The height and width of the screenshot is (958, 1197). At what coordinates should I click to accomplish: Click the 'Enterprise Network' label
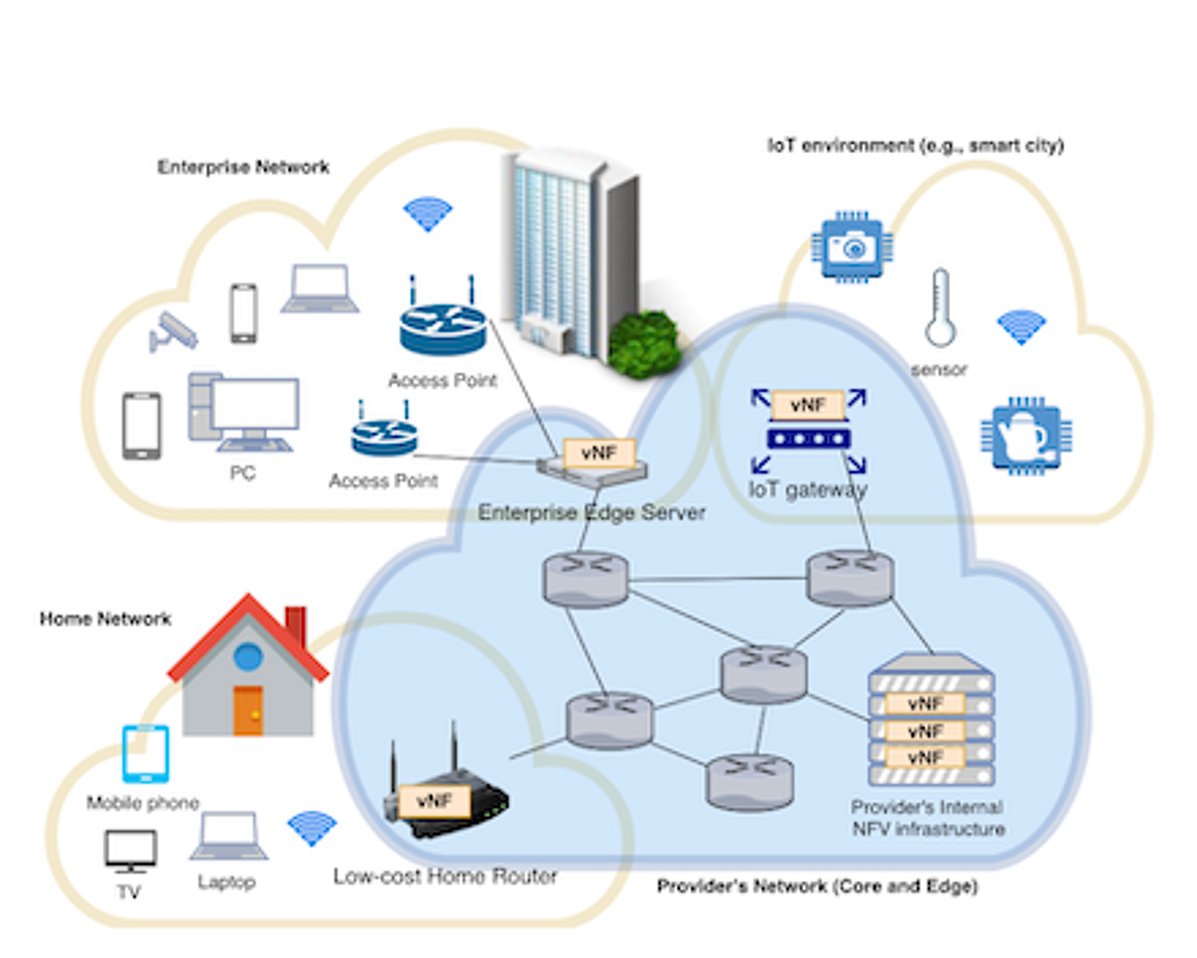(243, 167)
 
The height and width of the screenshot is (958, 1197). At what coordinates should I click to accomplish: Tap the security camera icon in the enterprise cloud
(174, 332)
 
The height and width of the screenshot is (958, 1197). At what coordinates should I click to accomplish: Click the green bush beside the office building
(646, 344)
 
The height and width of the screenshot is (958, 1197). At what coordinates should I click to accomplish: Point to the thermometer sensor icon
(940, 308)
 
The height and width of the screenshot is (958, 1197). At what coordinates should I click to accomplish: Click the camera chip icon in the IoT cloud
(852, 247)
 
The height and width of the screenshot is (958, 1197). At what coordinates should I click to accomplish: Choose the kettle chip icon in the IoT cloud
(1026, 435)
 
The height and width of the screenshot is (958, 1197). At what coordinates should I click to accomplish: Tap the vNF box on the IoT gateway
(808, 405)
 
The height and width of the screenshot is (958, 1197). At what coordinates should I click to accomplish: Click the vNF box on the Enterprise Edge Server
(598, 452)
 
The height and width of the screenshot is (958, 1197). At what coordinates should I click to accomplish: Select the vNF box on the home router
(434, 801)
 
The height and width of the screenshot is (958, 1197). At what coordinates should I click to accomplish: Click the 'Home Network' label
(105, 618)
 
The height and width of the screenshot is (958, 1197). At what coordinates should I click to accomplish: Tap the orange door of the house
(248, 710)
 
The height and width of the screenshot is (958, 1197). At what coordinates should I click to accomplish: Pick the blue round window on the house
(248, 657)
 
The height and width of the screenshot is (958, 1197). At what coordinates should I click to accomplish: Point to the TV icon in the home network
(130, 850)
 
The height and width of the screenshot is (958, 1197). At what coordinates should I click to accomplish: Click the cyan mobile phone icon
(145, 754)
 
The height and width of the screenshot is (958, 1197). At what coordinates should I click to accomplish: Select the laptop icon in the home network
(227, 837)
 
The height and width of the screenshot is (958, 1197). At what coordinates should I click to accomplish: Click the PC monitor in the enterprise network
(255, 405)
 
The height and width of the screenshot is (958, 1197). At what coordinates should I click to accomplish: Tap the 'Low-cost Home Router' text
(445, 877)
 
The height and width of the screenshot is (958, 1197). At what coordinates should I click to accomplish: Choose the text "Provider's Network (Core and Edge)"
(817, 886)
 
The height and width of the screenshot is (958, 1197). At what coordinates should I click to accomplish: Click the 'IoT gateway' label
(808, 489)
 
